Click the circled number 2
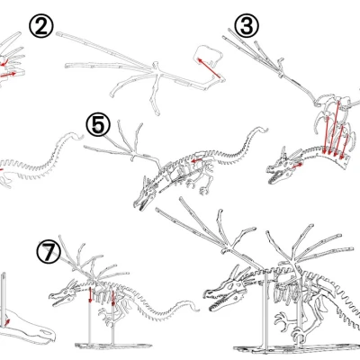coord(41,26)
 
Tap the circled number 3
coord(247,25)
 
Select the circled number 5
coord(98,125)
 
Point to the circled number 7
coord(49,251)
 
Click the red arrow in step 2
coord(209,68)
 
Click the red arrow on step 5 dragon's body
coord(197,161)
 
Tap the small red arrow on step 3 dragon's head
coord(296,166)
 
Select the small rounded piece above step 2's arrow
coord(209,55)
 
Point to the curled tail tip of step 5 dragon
coord(260,130)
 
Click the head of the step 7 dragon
coord(64,295)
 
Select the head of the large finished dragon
coord(226,292)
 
